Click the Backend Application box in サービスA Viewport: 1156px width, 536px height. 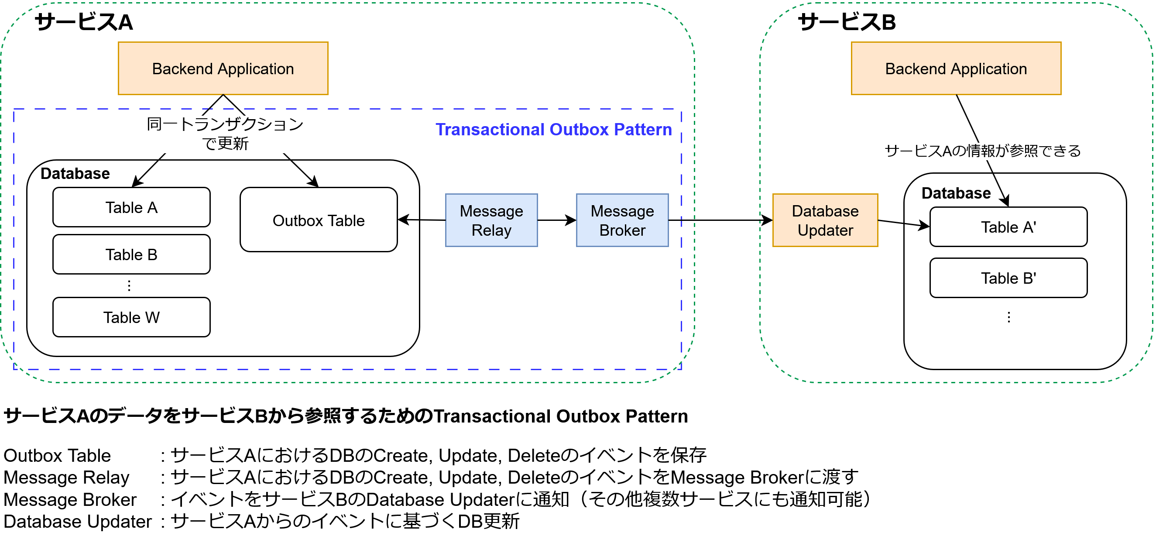point(223,68)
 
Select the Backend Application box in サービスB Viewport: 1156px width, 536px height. point(956,68)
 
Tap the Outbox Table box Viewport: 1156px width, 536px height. point(319,220)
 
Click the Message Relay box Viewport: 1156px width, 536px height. point(491,220)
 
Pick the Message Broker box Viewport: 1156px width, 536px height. point(622,220)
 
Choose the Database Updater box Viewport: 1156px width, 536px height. point(825,220)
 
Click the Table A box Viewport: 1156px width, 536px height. point(131,207)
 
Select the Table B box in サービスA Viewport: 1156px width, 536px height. point(131,254)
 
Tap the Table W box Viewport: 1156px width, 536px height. point(131,317)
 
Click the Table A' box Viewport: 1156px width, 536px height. point(1008,227)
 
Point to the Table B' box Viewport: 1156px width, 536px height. point(1008,278)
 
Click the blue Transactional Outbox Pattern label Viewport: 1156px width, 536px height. point(553,129)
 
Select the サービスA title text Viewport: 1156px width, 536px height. point(83,21)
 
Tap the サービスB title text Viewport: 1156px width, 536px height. point(846,21)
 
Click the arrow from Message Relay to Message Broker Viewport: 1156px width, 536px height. point(556,220)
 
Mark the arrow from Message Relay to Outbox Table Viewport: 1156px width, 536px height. point(422,220)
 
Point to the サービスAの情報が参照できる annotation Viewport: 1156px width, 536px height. point(982,151)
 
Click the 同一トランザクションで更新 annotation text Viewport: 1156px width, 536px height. point(225,133)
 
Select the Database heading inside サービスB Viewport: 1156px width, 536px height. point(956,193)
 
